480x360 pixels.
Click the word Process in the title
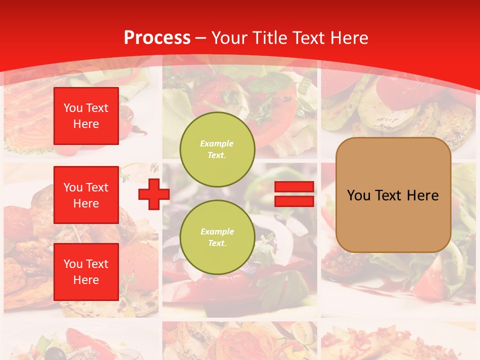[x=157, y=38]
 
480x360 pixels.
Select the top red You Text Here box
[x=86, y=116]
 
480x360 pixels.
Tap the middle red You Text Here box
[x=86, y=195]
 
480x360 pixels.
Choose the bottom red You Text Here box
[x=86, y=271]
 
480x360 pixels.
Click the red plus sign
[x=154, y=194]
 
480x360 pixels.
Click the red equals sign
[x=294, y=194]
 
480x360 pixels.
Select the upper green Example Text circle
[x=217, y=149]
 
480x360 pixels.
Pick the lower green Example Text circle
[x=217, y=237]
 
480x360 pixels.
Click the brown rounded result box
[x=393, y=195]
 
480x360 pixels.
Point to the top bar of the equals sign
[x=294, y=187]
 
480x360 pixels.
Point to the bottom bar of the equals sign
[x=294, y=201]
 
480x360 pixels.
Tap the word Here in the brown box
[x=422, y=195]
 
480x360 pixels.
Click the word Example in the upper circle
[x=217, y=143]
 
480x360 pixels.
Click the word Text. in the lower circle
[x=217, y=243]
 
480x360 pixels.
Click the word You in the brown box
[x=358, y=195]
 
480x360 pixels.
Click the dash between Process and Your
[x=200, y=38]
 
